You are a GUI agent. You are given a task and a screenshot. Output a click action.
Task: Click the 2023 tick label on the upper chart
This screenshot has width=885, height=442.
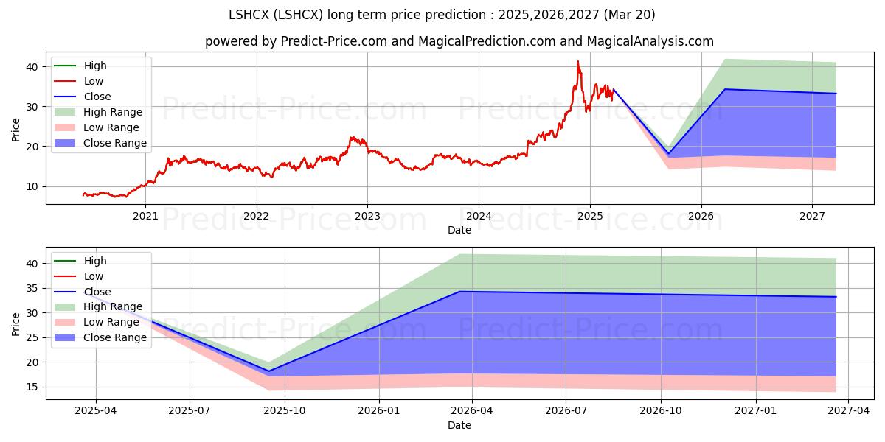(x=367, y=216)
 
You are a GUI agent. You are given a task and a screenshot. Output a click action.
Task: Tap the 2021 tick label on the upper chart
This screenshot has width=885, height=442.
(x=145, y=216)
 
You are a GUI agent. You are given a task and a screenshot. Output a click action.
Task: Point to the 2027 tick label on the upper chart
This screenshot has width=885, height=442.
(x=812, y=216)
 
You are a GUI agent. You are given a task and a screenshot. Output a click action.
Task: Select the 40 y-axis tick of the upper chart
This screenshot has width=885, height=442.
(x=32, y=67)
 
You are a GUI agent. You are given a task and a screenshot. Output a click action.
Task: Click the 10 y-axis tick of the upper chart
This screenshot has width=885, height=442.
(x=32, y=186)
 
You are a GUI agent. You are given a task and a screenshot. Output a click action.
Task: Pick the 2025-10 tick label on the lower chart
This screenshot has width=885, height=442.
(x=285, y=411)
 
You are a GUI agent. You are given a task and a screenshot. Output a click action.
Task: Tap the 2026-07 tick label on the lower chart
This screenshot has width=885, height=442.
(x=566, y=411)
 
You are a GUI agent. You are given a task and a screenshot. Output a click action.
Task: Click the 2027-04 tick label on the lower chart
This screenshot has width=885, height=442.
(x=849, y=411)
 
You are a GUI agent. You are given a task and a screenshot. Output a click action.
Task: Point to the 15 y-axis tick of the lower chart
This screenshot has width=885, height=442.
(x=32, y=387)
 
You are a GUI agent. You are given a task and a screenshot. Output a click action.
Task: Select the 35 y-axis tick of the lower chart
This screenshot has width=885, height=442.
(x=32, y=289)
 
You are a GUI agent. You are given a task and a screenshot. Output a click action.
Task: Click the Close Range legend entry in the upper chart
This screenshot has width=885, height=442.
(x=100, y=143)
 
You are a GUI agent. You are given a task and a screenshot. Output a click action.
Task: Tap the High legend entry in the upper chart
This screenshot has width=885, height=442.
(x=80, y=66)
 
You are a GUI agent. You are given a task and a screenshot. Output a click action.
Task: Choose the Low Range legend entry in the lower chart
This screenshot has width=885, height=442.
(x=97, y=322)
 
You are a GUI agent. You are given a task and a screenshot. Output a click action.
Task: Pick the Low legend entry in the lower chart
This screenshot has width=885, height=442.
(x=79, y=276)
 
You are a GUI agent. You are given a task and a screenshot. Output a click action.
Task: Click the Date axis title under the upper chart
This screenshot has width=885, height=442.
(x=459, y=230)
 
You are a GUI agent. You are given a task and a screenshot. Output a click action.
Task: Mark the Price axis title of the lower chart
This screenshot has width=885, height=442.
(x=15, y=324)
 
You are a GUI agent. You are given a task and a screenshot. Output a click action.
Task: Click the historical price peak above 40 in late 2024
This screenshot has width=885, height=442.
(x=577, y=62)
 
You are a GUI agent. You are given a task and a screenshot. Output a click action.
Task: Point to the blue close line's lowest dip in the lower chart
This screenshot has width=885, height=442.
(x=269, y=371)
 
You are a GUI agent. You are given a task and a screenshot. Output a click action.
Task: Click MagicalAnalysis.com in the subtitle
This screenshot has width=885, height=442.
(x=650, y=41)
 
